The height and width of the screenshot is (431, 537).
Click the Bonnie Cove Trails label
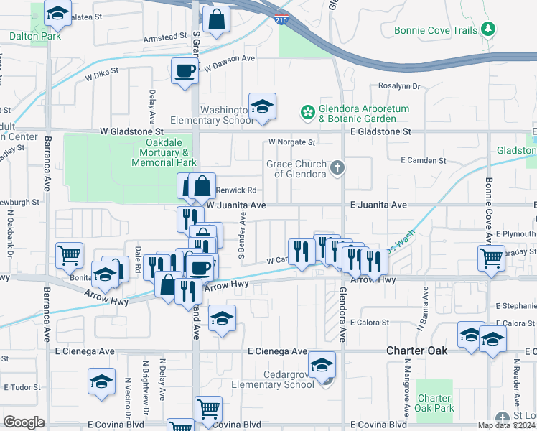click(x=435, y=31)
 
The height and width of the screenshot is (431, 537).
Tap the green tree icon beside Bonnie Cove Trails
click(x=489, y=29)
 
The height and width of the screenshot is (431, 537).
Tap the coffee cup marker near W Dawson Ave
click(x=185, y=71)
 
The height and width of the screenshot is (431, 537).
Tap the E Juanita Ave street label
click(x=379, y=205)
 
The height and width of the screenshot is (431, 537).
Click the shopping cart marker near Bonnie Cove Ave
click(x=491, y=257)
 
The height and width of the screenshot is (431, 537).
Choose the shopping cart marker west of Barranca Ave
click(x=70, y=255)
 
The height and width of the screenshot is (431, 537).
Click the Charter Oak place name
click(x=417, y=351)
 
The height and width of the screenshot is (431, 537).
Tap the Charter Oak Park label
click(x=435, y=403)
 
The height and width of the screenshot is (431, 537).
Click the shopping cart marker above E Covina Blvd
click(x=207, y=409)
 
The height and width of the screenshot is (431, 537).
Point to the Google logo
click(x=24, y=422)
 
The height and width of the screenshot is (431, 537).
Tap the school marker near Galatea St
click(x=57, y=13)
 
